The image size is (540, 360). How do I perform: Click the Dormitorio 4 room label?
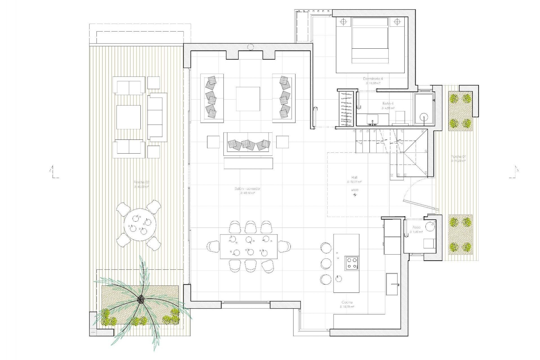pyautogui.click(x=373, y=79)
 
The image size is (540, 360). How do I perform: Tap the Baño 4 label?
pyautogui.click(x=388, y=103)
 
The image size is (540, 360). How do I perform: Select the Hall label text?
pyautogui.click(x=354, y=177)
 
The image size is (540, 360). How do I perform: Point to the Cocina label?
pyautogui.click(x=346, y=302)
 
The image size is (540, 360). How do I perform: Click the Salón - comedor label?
pyautogui.click(x=247, y=189)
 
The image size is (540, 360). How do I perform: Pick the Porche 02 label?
pyautogui.click(x=141, y=182)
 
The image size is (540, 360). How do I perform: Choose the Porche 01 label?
pyautogui.click(x=456, y=157)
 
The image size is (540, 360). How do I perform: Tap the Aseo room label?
pyautogui.click(x=416, y=227)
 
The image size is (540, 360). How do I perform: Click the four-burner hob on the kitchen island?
pyautogui.click(x=352, y=263)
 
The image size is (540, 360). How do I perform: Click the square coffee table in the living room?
pyautogui.click(x=248, y=99)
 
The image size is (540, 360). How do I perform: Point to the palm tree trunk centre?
pyautogui.click(x=141, y=300)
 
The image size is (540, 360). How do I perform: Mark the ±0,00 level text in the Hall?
pyautogui.click(x=355, y=190)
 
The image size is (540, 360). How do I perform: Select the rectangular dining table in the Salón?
pyautogui.click(x=249, y=246)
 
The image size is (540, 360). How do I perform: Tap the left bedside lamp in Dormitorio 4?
pyautogui.click(x=343, y=22)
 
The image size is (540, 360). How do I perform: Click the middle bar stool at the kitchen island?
pyautogui.click(x=326, y=263)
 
